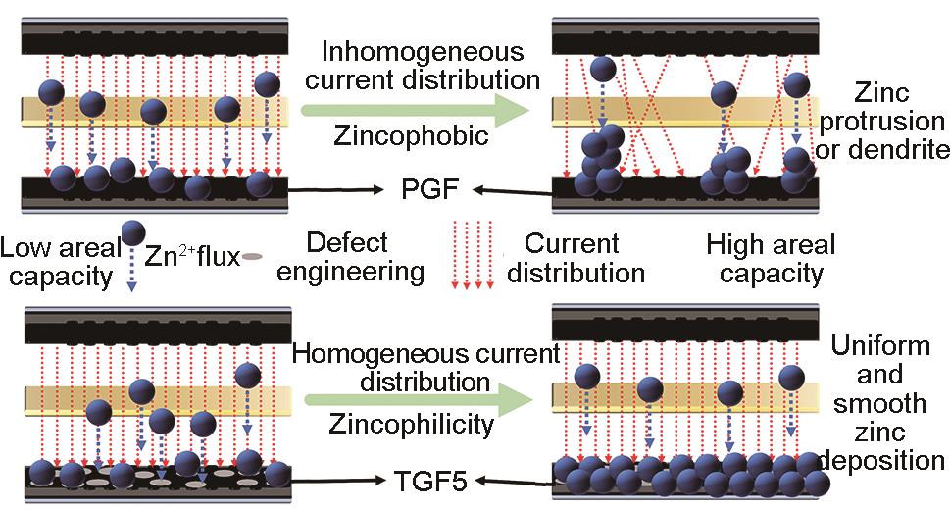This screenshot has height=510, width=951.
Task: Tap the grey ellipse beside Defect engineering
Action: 253,258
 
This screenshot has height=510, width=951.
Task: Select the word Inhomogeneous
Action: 424,51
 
